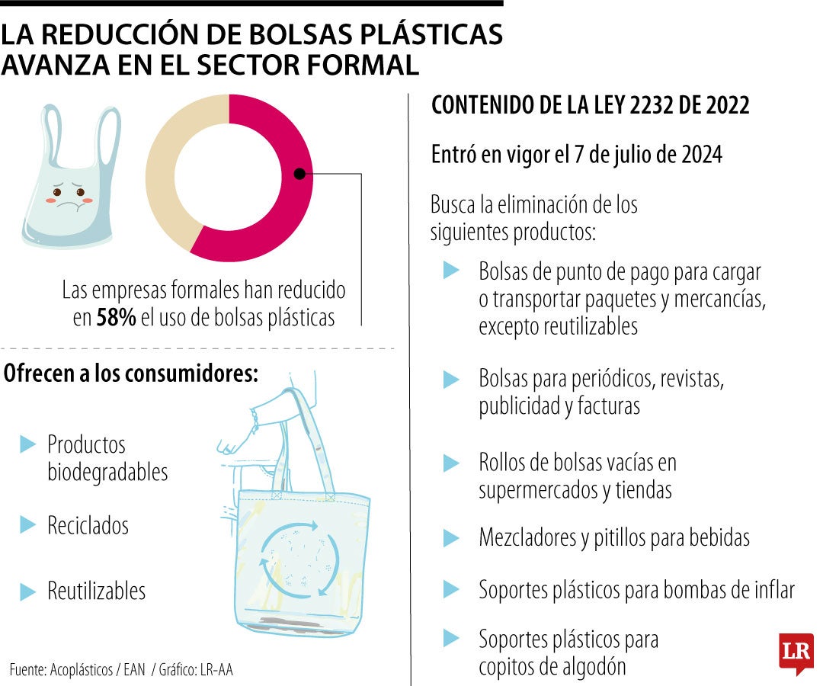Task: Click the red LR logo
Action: [x=796, y=652]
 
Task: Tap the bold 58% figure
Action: [x=116, y=319]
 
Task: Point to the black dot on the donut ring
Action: [x=299, y=174]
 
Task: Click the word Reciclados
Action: [x=88, y=525]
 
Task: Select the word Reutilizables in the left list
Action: [x=96, y=591]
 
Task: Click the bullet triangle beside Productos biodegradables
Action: [x=28, y=444]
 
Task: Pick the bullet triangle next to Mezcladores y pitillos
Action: [x=451, y=538]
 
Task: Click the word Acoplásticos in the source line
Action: [x=82, y=670]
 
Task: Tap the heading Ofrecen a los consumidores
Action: [x=130, y=373]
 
